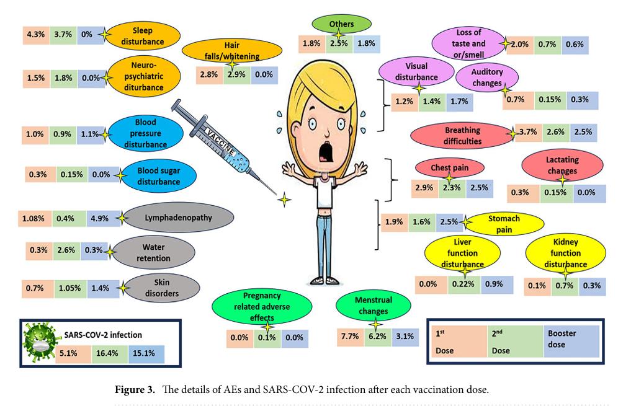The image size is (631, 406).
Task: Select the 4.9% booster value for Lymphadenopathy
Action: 101,218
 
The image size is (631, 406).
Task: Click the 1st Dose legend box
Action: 456,342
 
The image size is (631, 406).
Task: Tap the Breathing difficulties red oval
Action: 462,135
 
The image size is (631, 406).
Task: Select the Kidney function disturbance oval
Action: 565,254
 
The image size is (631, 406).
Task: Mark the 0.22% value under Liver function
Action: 464,285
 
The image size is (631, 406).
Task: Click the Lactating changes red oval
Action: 562,165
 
